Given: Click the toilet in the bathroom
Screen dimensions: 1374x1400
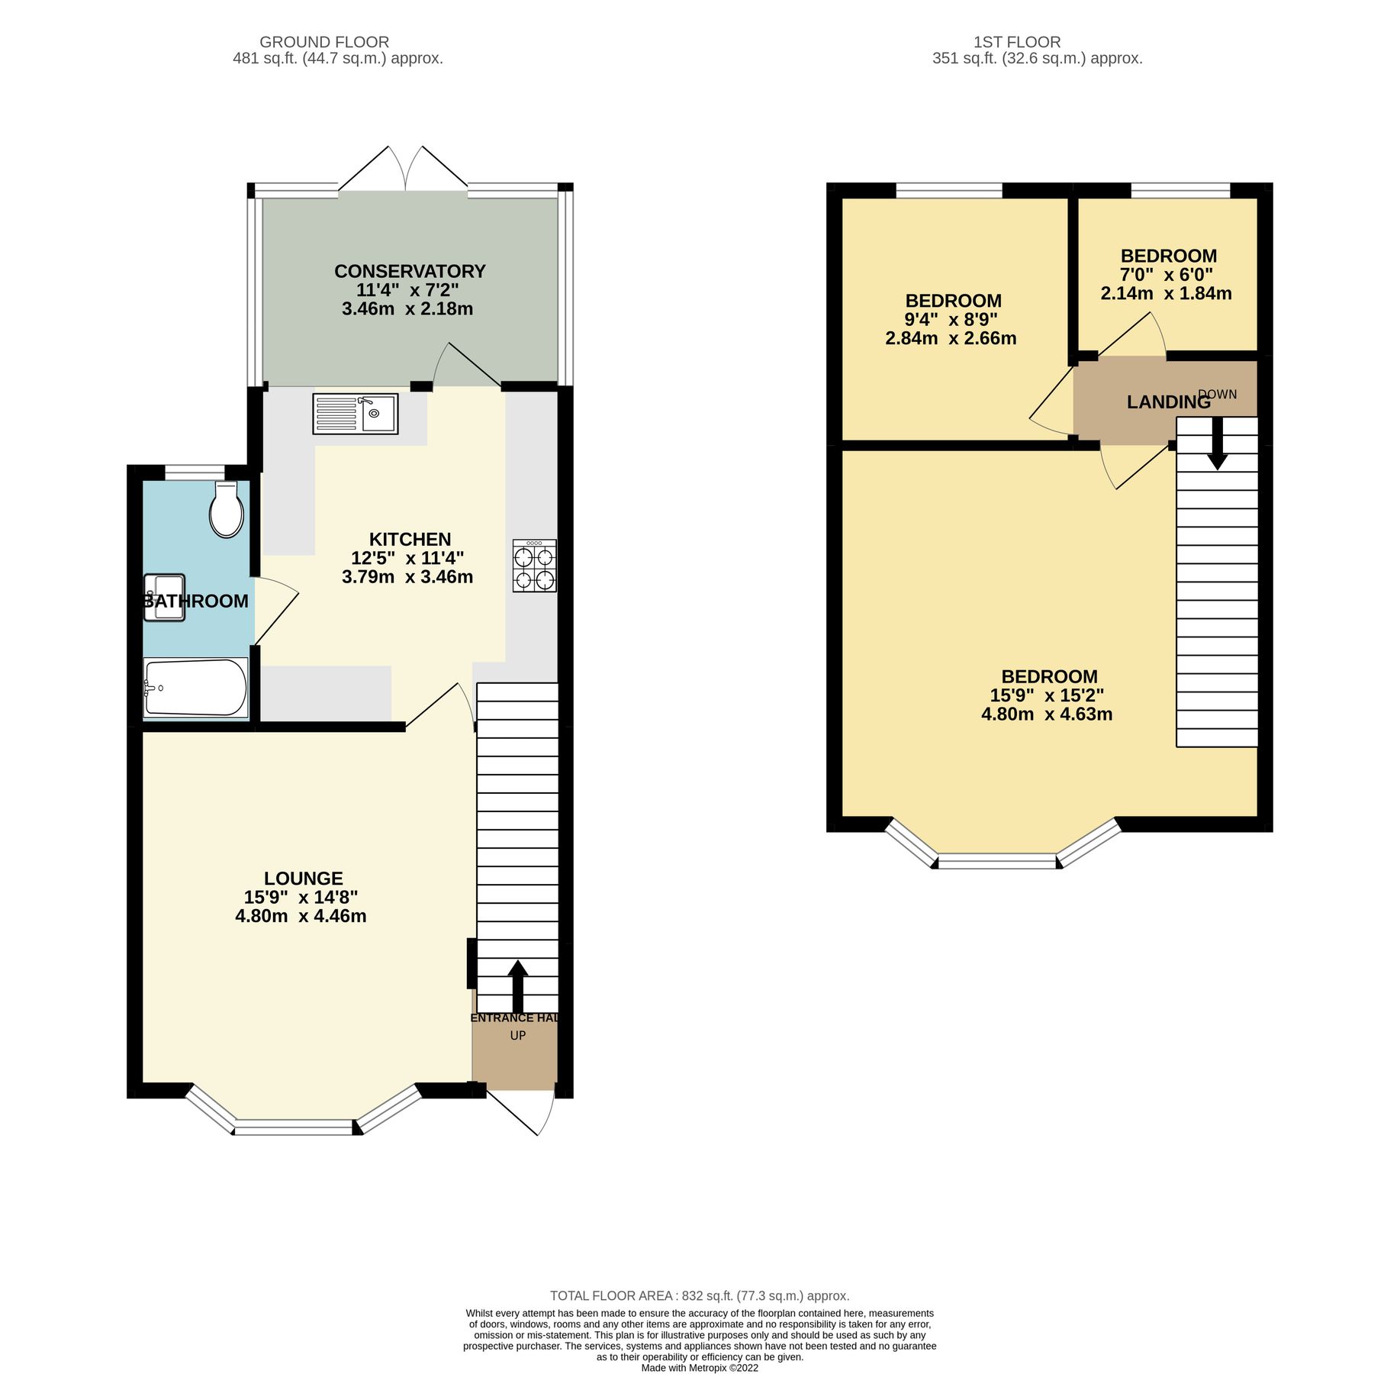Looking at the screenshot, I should click(226, 510).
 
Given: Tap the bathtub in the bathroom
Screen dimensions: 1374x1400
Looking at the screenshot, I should click(195, 688).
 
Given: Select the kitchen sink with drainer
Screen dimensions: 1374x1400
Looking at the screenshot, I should click(356, 414).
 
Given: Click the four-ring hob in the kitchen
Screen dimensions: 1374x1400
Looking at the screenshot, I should click(535, 566).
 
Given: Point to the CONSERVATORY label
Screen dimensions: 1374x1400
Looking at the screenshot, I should click(410, 271).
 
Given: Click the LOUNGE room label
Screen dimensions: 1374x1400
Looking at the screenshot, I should click(304, 878).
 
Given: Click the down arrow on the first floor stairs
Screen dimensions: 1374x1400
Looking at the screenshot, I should click(1217, 443).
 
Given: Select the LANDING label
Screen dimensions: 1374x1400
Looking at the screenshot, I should click(1168, 402).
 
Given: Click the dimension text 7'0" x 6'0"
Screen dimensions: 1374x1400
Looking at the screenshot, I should click(1166, 275).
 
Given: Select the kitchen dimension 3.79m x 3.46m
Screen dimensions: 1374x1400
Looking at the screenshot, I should click(407, 577).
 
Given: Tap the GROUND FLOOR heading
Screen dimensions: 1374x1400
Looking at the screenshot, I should click(324, 42).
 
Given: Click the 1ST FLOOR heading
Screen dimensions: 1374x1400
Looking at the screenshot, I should click(1017, 42).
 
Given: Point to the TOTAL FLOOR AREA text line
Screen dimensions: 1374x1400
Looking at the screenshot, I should click(700, 1295).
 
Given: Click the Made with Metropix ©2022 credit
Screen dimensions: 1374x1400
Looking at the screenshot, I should click(700, 1368).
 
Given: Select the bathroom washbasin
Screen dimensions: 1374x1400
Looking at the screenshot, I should click(164, 598).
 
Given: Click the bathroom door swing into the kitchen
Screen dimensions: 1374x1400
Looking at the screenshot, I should click(275, 611).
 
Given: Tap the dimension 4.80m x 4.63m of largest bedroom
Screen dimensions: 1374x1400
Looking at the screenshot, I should click(1046, 714).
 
